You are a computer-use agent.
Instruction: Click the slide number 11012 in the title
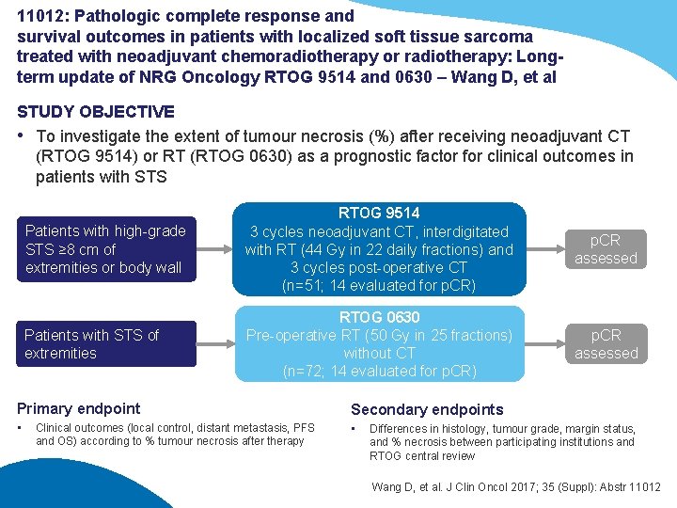[x=39, y=16]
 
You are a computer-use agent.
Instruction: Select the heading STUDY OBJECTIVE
[x=96, y=112]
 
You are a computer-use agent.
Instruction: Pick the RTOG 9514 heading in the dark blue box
[x=380, y=214]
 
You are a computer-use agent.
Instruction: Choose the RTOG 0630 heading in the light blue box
[x=380, y=318]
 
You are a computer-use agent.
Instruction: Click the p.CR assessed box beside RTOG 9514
[x=606, y=249]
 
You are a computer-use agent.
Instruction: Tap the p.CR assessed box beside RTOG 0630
[x=606, y=344]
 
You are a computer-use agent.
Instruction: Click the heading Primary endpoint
[x=79, y=408]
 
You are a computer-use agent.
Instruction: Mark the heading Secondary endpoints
[x=427, y=409]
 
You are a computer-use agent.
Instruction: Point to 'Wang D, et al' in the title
[x=506, y=77]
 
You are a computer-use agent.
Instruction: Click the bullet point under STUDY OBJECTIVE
[x=22, y=135]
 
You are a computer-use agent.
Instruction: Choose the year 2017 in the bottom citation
[x=520, y=486]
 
